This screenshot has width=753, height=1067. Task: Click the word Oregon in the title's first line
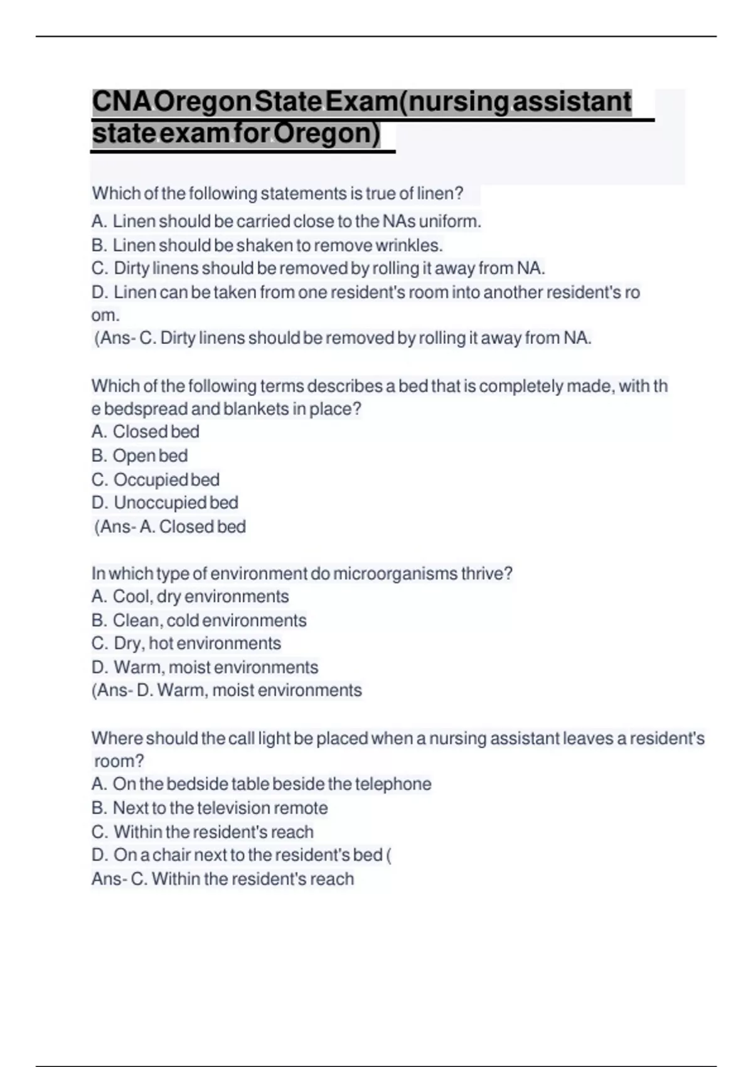pyautogui.click(x=202, y=102)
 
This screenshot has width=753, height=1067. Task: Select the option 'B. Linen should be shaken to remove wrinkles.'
pyautogui.click(x=267, y=245)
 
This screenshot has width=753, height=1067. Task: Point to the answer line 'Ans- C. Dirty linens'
pyautogui.click(x=343, y=338)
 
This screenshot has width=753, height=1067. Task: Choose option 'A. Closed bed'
pyautogui.click(x=146, y=432)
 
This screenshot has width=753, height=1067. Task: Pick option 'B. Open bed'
pyautogui.click(x=140, y=456)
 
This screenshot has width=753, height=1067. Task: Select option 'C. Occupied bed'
pyautogui.click(x=156, y=480)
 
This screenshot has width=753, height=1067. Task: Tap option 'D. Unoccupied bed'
pyautogui.click(x=165, y=503)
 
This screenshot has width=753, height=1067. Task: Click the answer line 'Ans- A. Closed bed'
pyautogui.click(x=170, y=527)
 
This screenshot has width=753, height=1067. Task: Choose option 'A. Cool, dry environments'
pyautogui.click(x=190, y=596)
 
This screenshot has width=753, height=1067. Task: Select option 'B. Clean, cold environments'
pyautogui.click(x=199, y=620)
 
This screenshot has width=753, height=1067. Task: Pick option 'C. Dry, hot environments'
pyautogui.click(x=186, y=643)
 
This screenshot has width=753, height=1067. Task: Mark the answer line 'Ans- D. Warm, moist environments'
pyautogui.click(x=227, y=690)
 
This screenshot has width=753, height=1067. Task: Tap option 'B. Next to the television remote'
pyautogui.click(x=210, y=808)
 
